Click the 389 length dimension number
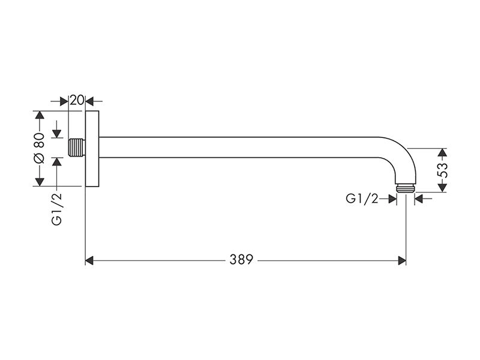(x=242, y=260)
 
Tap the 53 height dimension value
(x=443, y=170)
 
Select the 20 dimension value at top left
(x=77, y=100)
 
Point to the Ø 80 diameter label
(x=40, y=148)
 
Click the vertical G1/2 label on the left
(x=56, y=209)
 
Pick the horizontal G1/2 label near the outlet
(x=362, y=199)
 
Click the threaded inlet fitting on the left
(x=77, y=147)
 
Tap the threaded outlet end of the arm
(x=406, y=188)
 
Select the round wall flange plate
(x=92, y=148)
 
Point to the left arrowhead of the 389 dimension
(x=89, y=261)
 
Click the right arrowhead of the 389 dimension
(x=402, y=261)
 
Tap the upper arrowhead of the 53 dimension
(x=442, y=153)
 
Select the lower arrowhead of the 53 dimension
(x=442, y=188)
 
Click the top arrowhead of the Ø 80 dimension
(x=40, y=115)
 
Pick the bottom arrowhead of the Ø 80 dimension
(x=40, y=182)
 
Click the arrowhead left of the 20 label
(x=64, y=101)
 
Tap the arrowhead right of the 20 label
(x=89, y=101)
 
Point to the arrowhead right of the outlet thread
(x=419, y=199)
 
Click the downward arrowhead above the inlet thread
(x=56, y=134)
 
